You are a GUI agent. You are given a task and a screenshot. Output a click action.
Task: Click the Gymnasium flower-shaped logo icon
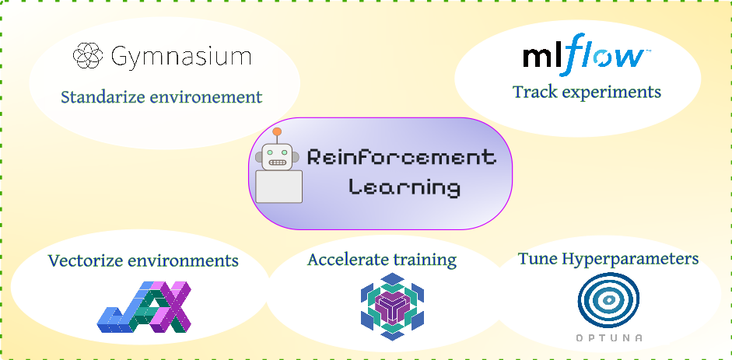(88, 56)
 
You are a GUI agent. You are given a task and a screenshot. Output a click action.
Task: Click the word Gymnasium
(181, 57)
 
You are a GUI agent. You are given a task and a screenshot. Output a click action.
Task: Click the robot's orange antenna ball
(277, 131)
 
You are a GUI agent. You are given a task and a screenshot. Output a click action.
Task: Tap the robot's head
(278, 156)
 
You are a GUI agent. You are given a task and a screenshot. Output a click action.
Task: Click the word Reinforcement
(401, 158)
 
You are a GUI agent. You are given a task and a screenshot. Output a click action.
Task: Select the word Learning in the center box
(405, 187)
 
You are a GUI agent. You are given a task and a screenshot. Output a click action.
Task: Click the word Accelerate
(345, 260)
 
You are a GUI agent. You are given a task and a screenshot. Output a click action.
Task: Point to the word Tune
(537, 258)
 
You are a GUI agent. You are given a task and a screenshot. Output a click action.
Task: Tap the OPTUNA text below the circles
(608, 338)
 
